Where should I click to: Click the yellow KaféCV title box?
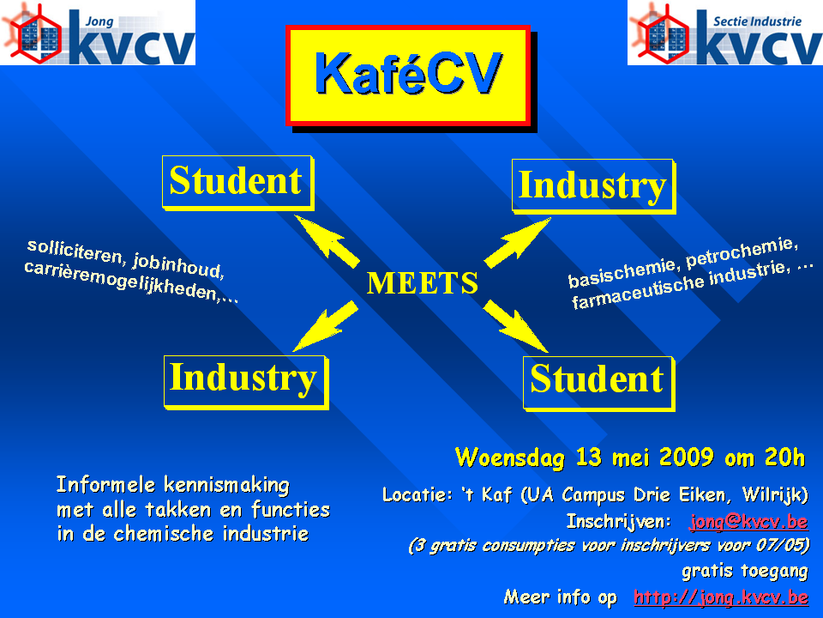[408, 76]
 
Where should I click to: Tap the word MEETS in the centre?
[423, 282]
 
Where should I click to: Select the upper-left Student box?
[237, 182]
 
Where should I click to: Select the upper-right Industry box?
[593, 186]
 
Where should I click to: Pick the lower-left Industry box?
[246, 382]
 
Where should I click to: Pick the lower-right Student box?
[598, 383]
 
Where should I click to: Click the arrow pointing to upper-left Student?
[327, 240]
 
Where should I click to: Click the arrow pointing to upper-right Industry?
[517, 243]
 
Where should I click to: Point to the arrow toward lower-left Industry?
[326, 326]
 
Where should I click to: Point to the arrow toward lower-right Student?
[515, 326]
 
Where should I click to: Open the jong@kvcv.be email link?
[748, 521]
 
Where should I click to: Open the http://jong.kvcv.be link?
[721, 597]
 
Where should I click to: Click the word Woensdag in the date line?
[509, 457]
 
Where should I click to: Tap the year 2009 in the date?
[686, 457]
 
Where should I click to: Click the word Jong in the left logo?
[99, 21]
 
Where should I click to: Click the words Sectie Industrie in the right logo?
[757, 21]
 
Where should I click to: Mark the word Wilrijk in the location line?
[775, 495]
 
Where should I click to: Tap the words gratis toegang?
[745, 571]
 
